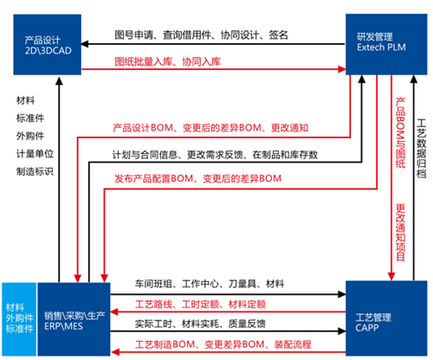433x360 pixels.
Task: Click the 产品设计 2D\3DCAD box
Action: point(48,45)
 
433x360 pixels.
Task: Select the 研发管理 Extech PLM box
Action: point(386,44)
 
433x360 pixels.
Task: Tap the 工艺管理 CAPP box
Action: point(386,318)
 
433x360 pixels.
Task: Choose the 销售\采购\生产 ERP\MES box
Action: point(74,319)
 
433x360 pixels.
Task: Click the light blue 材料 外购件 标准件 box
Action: point(19,319)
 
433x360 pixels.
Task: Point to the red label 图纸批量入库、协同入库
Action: point(168,61)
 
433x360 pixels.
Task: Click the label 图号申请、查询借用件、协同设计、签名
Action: point(201,35)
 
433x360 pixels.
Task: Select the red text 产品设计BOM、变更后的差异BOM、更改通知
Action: point(210,128)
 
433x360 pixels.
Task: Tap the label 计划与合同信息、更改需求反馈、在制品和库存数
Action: point(215,155)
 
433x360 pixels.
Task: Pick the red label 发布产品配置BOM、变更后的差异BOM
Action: point(198,178)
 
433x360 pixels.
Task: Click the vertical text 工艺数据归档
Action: point(422,149)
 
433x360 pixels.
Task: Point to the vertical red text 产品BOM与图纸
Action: point(400,132)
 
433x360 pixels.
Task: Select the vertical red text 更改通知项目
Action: point(400,233)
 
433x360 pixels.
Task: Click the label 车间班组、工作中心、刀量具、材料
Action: point(210,284)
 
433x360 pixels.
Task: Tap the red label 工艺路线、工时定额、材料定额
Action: point(200,304)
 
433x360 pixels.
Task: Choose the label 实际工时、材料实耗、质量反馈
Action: point(200,324)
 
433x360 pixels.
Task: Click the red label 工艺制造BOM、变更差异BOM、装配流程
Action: point(223,344)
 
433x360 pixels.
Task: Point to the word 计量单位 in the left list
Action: point(35,154)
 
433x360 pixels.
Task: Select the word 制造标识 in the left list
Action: point(35,171)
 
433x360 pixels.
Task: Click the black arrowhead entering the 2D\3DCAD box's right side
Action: point(85,44)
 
